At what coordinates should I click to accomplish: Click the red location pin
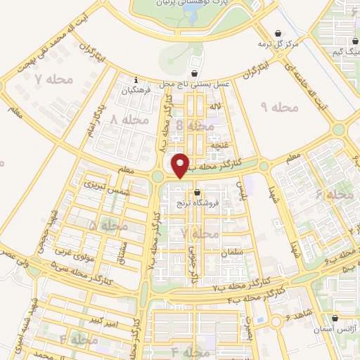181,165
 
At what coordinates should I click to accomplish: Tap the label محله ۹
280,107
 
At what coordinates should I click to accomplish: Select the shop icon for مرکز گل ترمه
278,33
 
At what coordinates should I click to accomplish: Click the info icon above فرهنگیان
136,79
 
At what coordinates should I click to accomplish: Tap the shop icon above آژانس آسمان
335,318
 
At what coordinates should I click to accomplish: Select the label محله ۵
103,226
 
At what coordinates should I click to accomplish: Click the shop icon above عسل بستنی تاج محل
194,73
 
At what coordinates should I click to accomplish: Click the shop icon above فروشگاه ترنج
197,192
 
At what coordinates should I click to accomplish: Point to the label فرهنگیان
136,90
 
